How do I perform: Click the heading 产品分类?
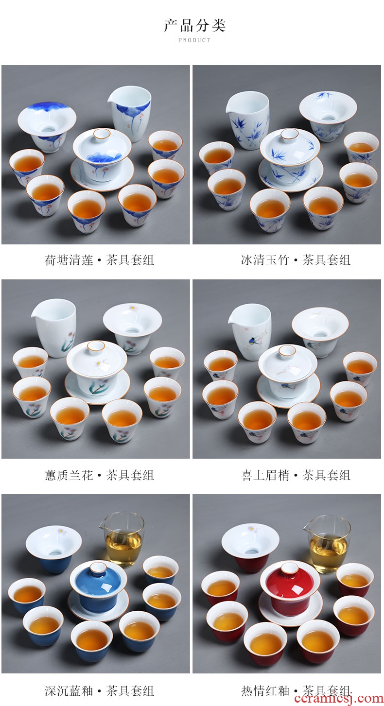[194, 26]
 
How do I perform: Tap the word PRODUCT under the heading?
[194, 40]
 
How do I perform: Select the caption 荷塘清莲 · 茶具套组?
[99, 260]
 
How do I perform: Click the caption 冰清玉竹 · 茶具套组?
[296, 260]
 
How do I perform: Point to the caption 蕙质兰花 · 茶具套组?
[99, 475]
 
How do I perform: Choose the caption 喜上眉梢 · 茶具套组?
[296, 475]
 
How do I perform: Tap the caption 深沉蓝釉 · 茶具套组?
[99, 691]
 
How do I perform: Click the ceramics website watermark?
[338, 699]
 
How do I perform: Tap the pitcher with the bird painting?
[250, 332]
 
